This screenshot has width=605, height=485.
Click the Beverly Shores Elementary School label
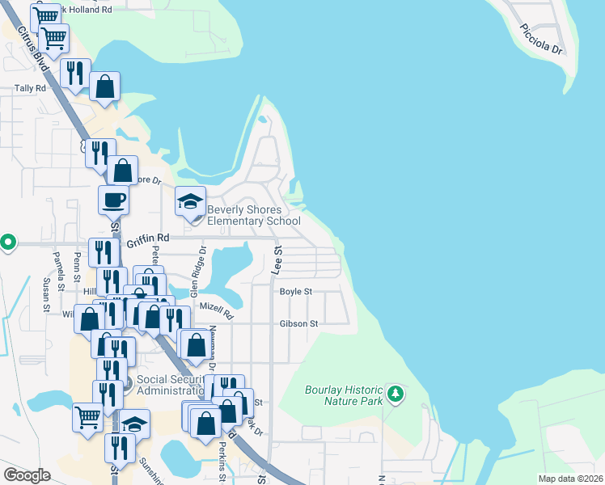(254, 215)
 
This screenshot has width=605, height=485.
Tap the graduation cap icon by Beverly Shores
(191, 202)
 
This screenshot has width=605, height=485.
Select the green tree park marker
(396, 394)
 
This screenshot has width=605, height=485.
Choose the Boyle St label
(295, 292)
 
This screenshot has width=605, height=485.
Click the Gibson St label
(299, 323)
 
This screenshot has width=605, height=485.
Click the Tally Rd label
(30, 89)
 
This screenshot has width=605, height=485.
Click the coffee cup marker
(114, 200)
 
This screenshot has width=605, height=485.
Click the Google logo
(26, 475)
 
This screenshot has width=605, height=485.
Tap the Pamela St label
(58, 264)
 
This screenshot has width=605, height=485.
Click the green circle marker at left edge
(8, 242)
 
